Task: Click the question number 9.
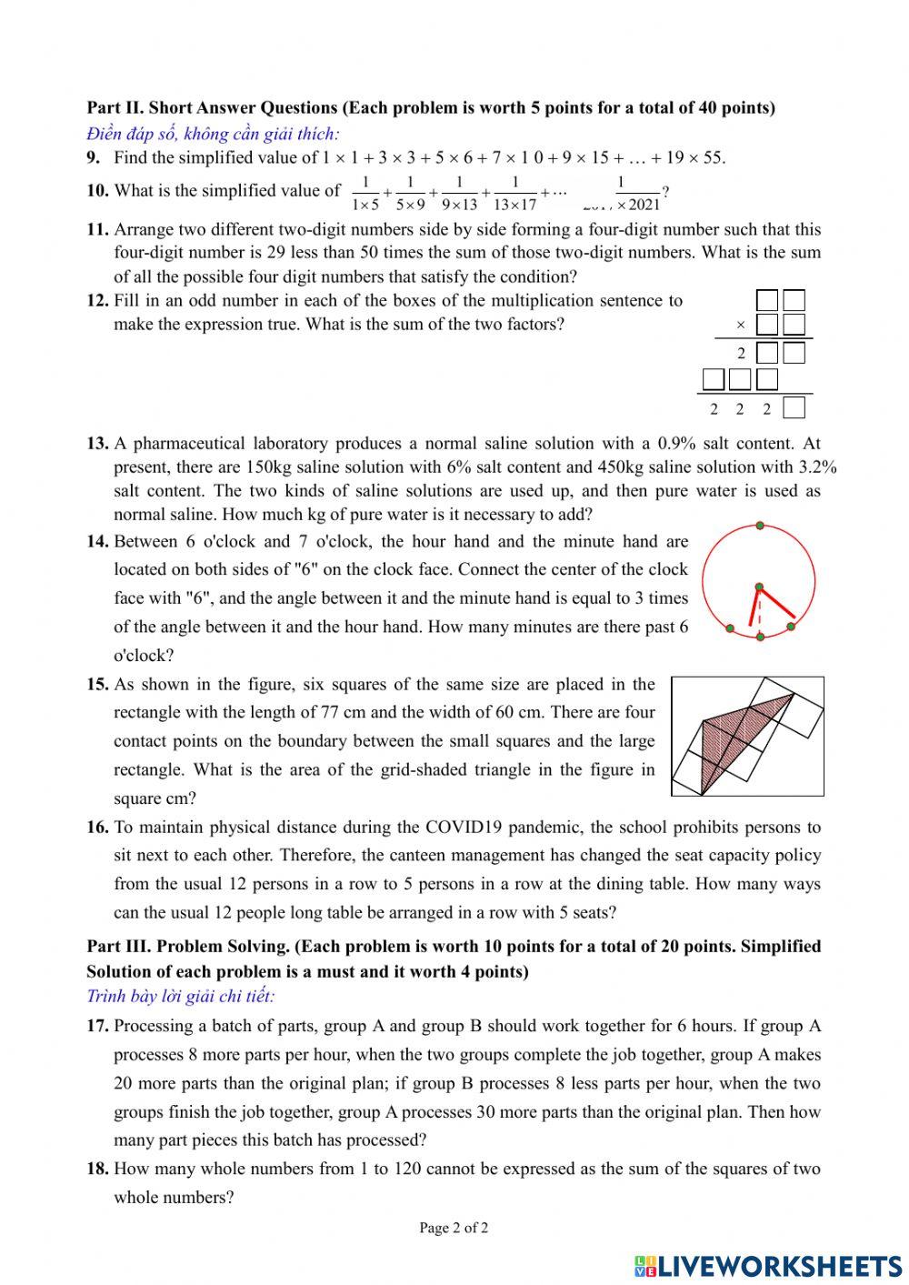[x=94, y=157]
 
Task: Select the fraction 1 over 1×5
[x=365, y=193]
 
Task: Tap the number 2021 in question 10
[x=644, y=205]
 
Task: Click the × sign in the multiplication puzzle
[x=740, y=325]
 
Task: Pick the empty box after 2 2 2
[x=794, y=408]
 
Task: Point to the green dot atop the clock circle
[x=759, y=527]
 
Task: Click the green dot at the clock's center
[x=759, y=587]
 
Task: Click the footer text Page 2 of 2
[x=454, y=1228]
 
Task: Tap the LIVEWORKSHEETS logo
[x=768, y=1265]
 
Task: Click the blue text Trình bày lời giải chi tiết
[x=180, y=996]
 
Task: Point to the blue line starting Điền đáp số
[x=213, y=134]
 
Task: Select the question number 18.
[x=97, y=1169]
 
